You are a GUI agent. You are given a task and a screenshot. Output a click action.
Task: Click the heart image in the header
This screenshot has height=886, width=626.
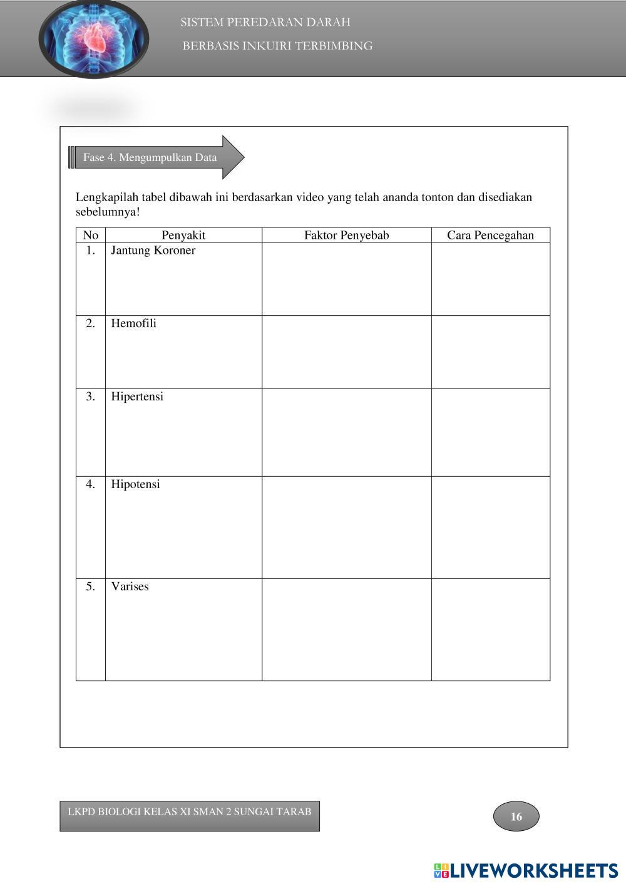click(94, 39)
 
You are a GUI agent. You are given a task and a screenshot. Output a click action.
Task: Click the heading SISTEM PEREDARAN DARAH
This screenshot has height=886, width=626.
click(265, 23)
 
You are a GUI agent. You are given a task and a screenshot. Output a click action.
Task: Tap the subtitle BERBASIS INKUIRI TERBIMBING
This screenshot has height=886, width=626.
click(277, 46)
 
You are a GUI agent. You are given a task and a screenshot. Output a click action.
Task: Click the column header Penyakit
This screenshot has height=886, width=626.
click(183, 235)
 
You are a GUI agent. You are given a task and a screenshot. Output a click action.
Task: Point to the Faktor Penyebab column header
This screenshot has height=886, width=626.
click(346, 235)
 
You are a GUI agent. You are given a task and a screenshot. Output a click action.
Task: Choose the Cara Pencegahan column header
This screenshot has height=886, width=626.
click(490, 235)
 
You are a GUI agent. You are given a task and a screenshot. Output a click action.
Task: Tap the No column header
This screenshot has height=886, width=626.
click(91, 235)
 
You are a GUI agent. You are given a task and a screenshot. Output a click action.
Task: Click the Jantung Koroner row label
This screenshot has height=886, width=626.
click(153, 251)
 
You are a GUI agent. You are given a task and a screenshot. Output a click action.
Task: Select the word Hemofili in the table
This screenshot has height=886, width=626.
click(134, 323)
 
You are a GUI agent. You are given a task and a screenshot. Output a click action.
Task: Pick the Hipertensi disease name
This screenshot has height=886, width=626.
click(137, 397)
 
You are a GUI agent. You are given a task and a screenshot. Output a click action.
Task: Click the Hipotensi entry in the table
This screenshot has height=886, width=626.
click(135, 484)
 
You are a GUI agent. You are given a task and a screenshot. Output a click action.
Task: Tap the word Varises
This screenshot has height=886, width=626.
click(130, 586)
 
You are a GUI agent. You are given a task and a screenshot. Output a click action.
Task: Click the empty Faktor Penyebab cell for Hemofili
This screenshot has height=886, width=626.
click(346, 352)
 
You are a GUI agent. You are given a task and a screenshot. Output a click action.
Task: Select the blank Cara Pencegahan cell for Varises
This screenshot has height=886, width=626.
click(490, 629)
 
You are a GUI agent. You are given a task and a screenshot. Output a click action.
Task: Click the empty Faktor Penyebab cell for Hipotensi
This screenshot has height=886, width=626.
click(346, 527)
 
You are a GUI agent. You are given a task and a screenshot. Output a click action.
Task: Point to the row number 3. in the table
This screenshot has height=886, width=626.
click(91, 397)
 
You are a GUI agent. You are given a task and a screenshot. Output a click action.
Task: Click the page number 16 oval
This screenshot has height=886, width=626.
click(516, 816)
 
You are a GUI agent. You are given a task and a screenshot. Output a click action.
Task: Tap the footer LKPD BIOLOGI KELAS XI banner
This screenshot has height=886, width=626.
click(190, 815)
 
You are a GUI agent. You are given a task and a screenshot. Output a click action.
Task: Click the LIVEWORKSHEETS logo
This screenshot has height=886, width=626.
click(526, 870)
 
